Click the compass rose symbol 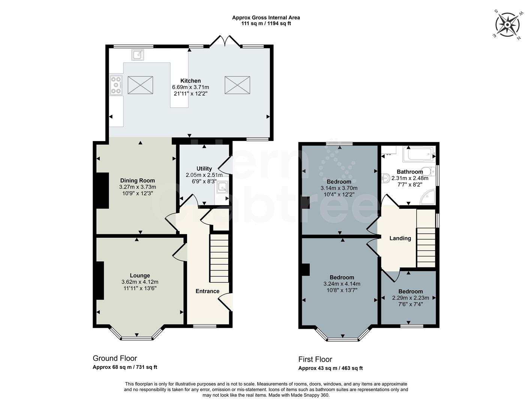coord(507,25)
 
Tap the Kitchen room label coord(190,81)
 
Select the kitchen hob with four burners coord(116,85)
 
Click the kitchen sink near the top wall coord(138,55)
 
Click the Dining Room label coord(137,180)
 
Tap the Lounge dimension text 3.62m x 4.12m coord(139,282)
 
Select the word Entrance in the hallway coord(207,291)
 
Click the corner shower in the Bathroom coord(428,197)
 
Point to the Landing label coord(400,238)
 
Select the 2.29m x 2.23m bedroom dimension coord(411,298)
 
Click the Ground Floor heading coord(115,358)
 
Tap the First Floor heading coord(315,359)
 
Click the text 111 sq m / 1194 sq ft coord(266,24)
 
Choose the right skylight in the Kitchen coord(237,85)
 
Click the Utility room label coord(204,169)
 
